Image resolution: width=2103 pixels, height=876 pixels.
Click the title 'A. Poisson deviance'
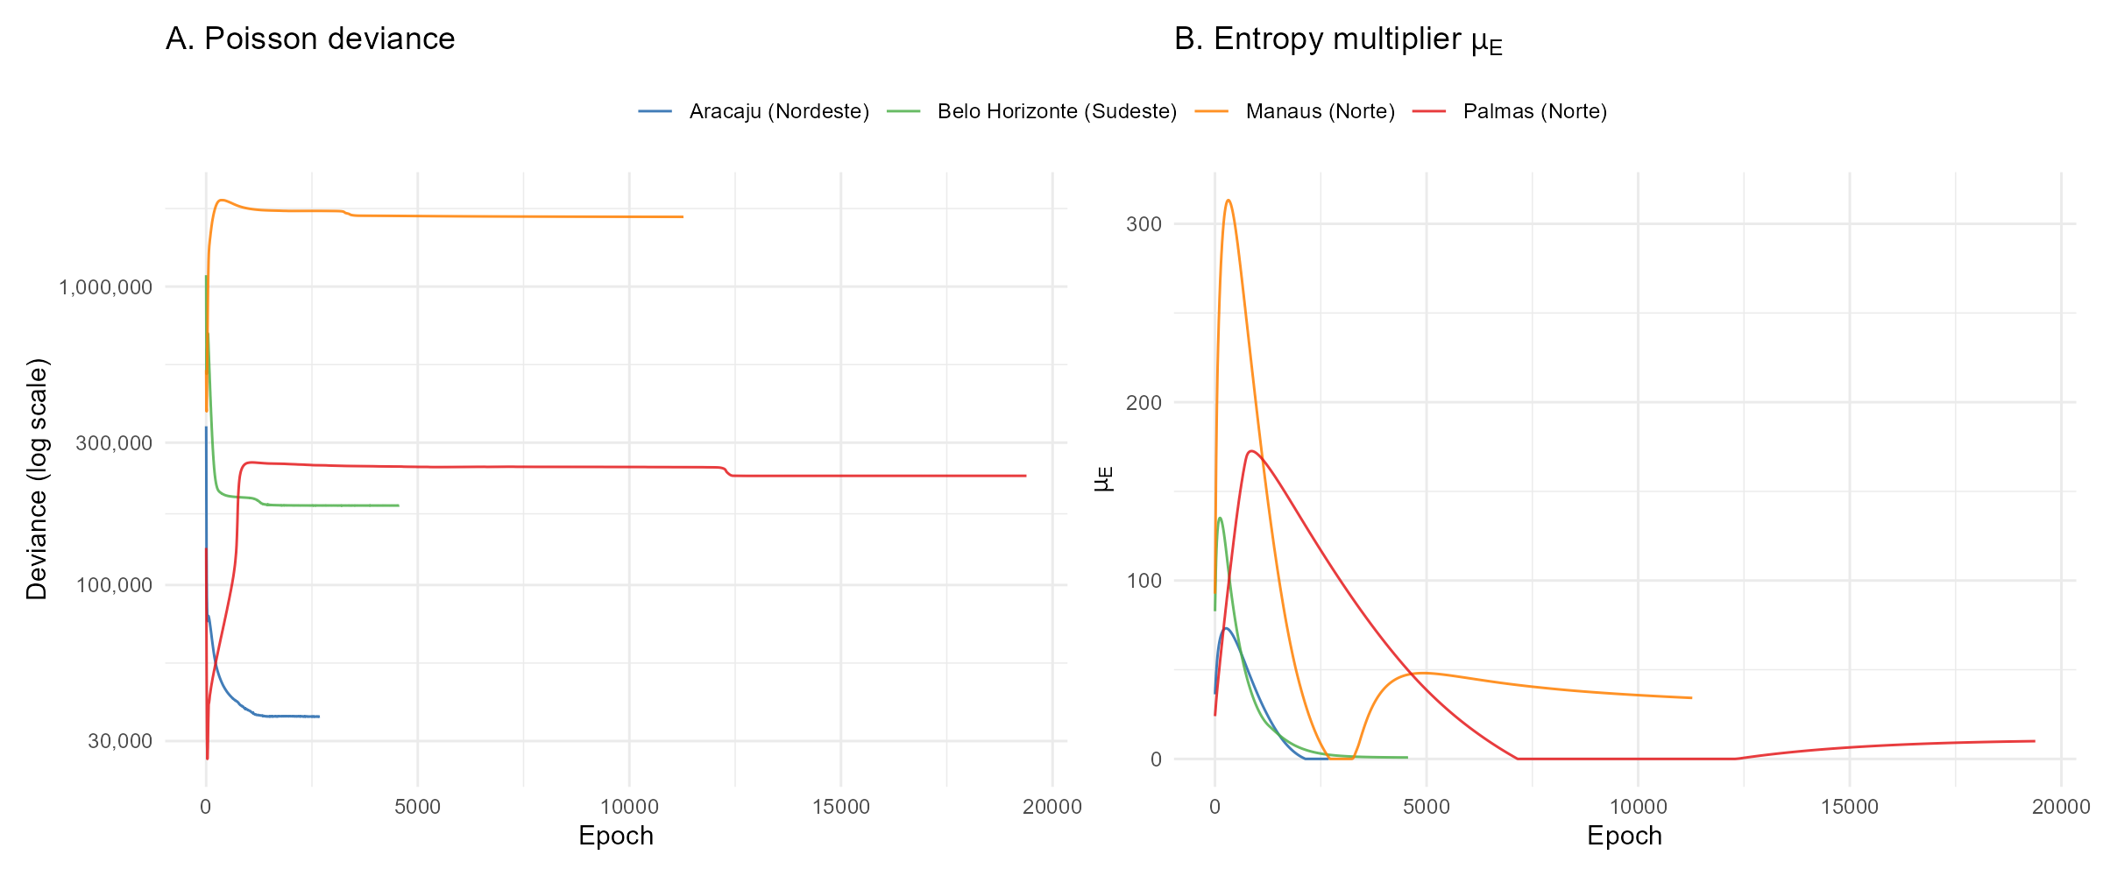pos(310,39)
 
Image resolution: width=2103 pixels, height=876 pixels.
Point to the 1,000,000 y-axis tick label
pos(105,287)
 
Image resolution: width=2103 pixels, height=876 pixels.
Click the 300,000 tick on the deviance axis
pos(114,443)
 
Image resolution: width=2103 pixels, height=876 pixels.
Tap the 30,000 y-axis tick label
pos(120,741)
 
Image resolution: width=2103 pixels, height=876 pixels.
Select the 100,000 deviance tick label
pos(114,585)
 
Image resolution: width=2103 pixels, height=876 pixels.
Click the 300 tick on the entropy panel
pos(1144,224)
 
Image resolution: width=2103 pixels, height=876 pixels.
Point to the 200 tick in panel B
pos(1144,403)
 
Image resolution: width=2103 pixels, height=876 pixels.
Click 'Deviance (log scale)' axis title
pos(37,478)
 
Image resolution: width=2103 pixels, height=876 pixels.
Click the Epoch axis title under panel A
pos(616,836)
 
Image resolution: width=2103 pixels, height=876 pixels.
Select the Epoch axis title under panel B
pos(1625,836)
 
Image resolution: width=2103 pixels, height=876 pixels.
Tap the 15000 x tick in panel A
pos(841,807)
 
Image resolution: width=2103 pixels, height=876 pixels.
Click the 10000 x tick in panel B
pos(1638,807)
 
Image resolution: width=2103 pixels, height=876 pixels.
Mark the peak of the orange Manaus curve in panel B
pos(1229,201)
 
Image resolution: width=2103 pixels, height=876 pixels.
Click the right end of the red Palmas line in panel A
pos(1025,476)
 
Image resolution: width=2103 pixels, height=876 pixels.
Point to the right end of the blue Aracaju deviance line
pos(319,717)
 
